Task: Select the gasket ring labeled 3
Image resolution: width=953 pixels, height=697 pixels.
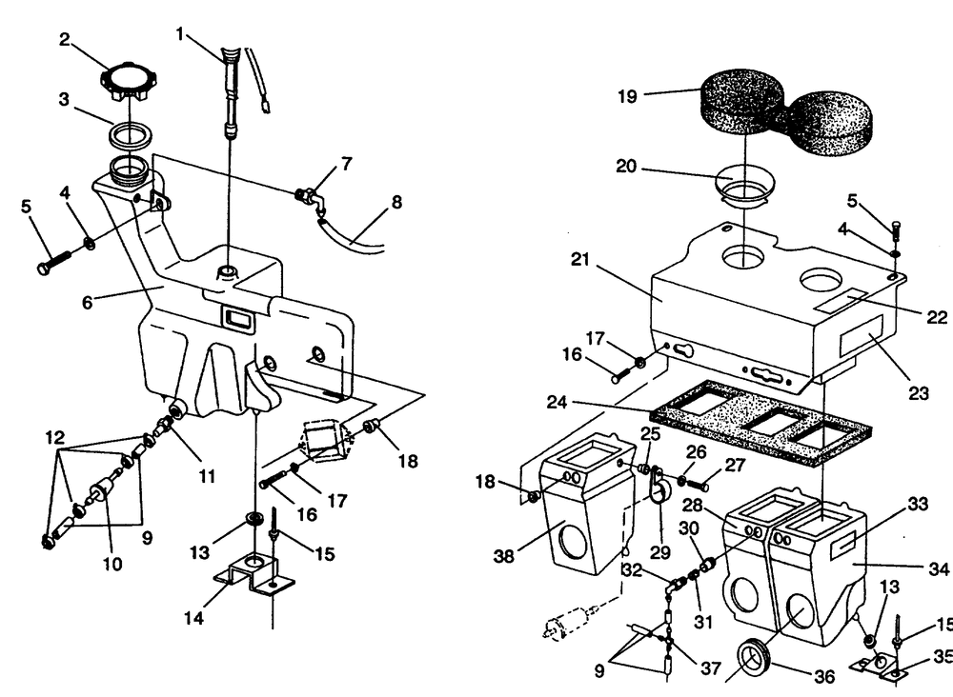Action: pos(130,134)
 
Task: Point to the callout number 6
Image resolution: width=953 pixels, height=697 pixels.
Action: pos(88,302)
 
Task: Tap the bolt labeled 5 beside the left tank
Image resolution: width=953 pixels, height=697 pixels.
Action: pos(54,261)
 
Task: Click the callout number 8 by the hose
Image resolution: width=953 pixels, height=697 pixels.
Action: pos(396,202)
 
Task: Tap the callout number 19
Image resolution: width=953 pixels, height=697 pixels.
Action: pos(628,96)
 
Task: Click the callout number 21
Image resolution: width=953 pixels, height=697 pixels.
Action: pos(580,259)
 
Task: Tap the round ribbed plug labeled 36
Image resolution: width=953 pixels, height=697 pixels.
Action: pos(754,659)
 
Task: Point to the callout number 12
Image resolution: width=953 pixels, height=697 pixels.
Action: pos(54,438)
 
